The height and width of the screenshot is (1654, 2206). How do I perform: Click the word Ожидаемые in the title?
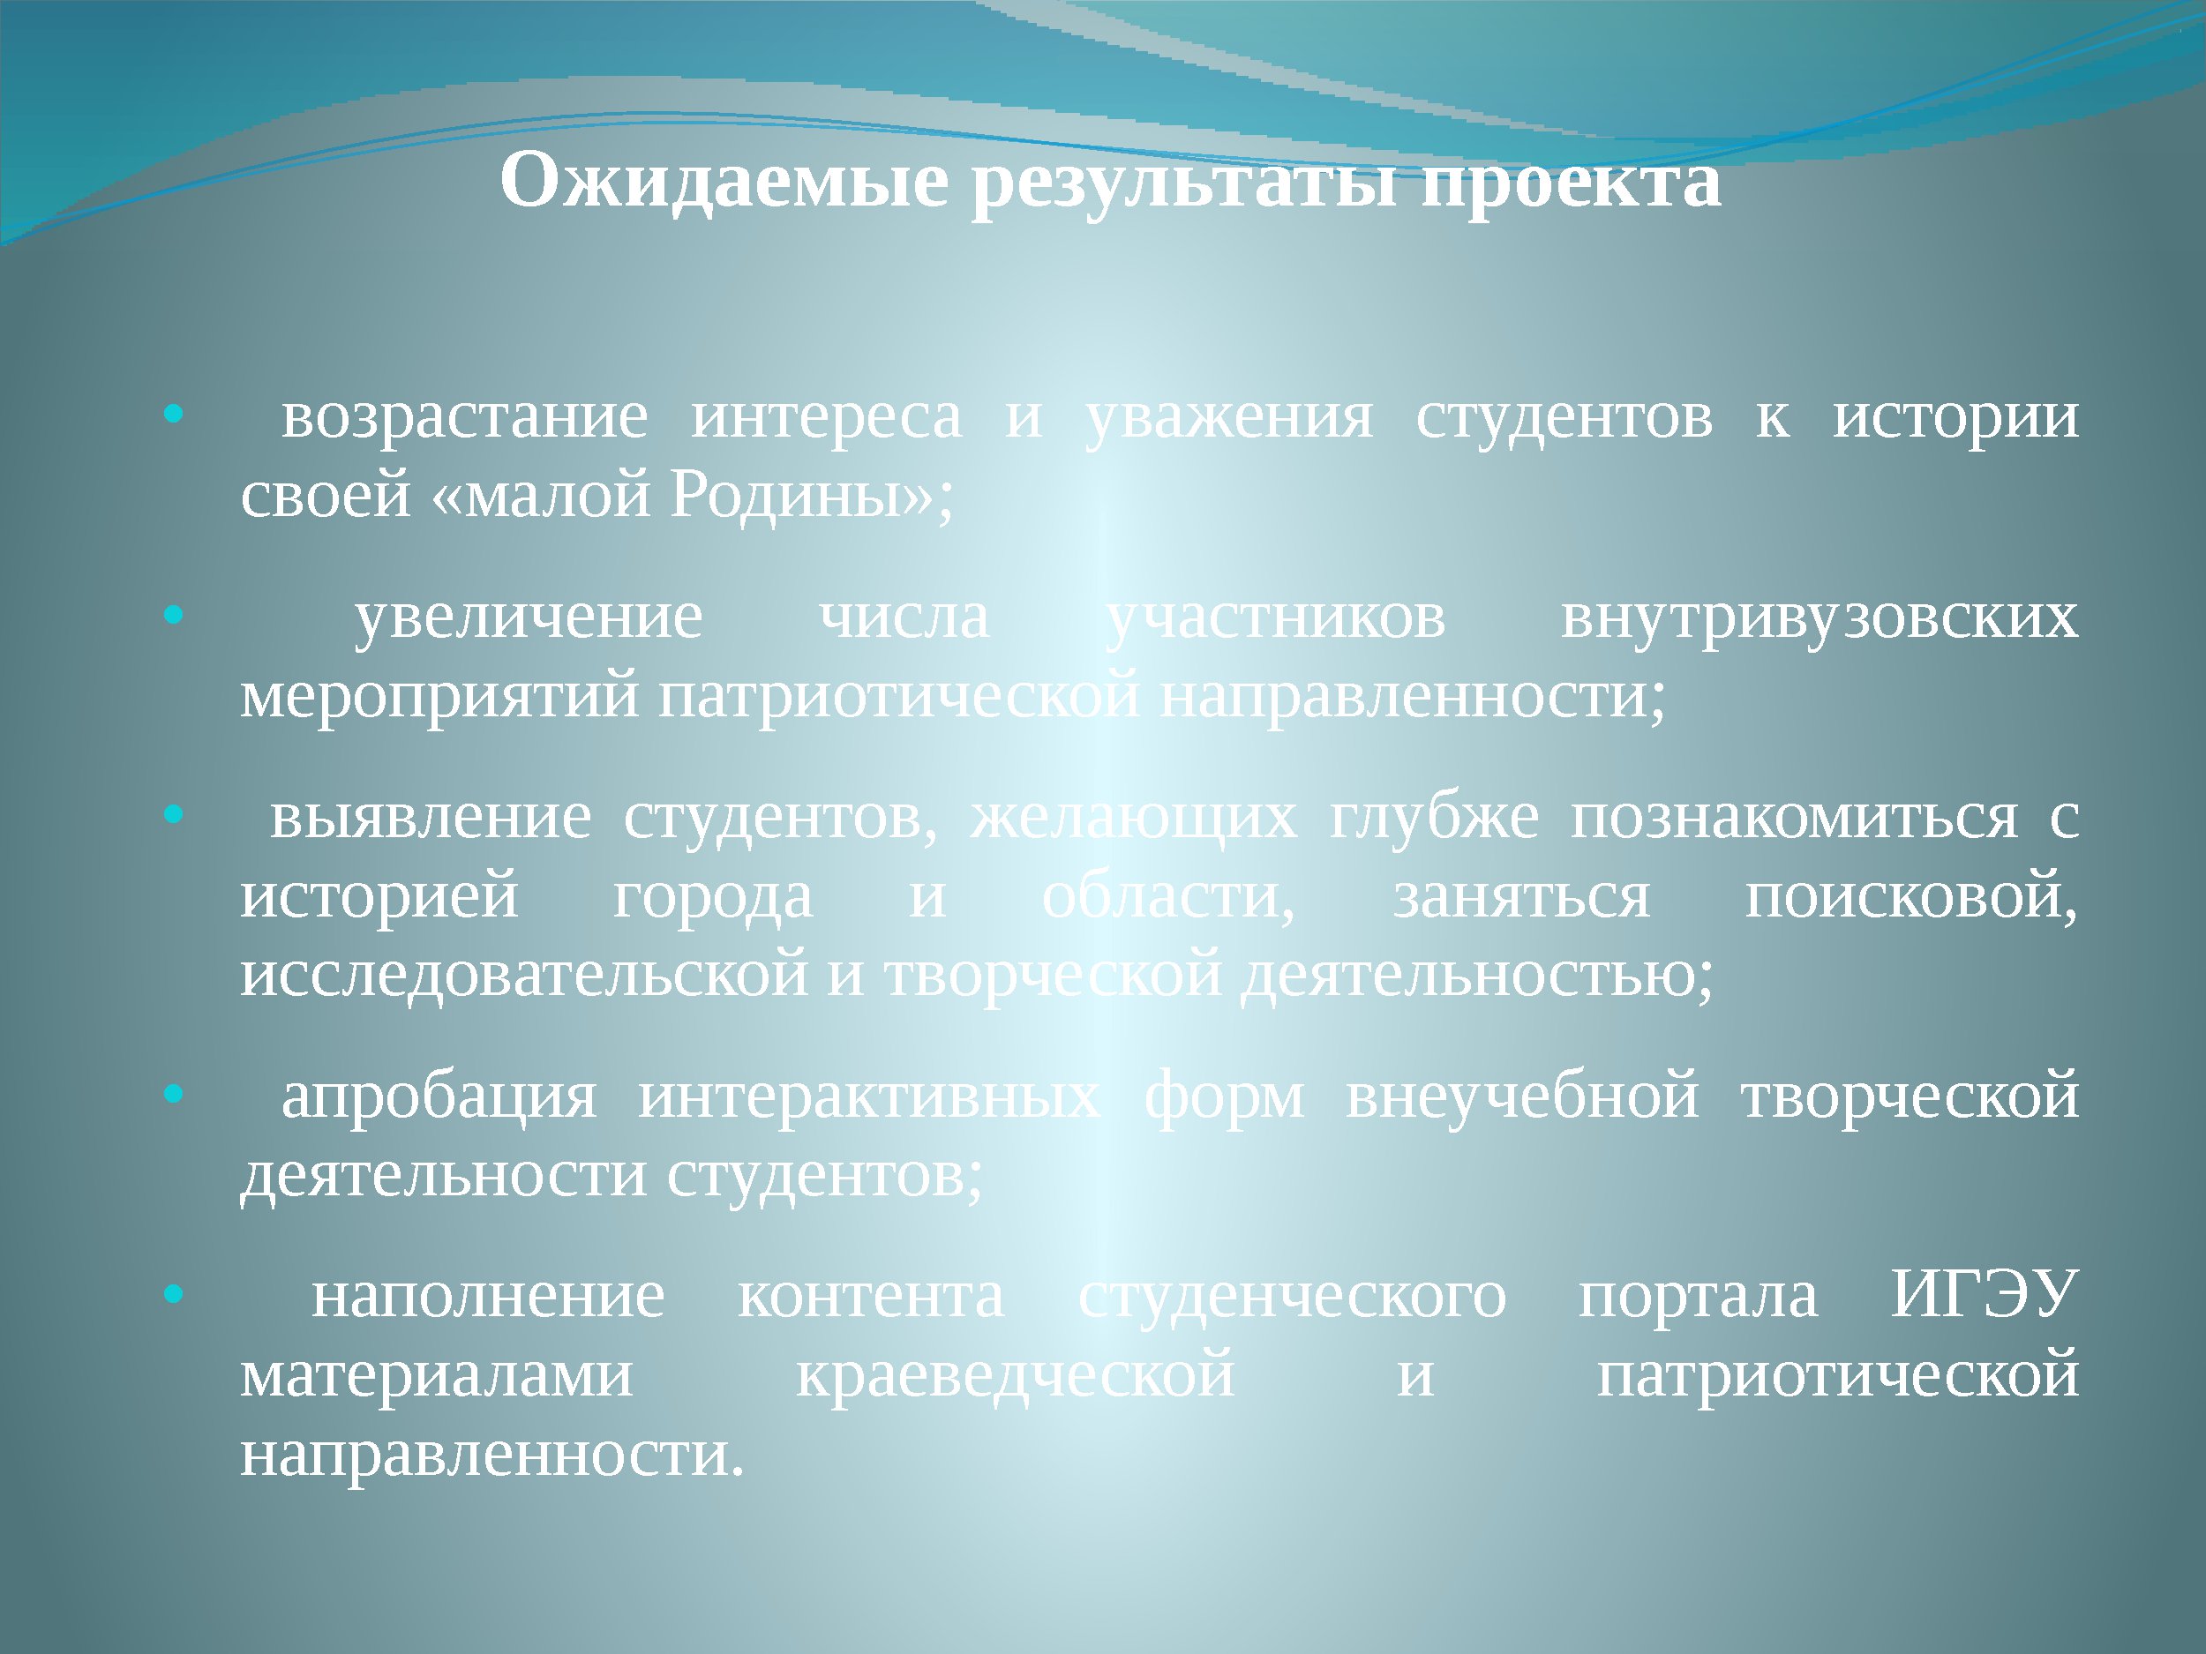click(x=724, y=182)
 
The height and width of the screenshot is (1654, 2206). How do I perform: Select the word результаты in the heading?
click(x=1184, y=185)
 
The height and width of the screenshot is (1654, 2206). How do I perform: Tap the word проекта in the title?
click(x=1571, y=185)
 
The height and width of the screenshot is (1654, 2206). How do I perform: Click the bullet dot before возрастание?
click(x=174, y=414)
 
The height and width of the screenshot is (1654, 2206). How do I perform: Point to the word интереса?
click(x=827, y=416)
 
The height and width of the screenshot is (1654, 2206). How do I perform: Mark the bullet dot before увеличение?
click(x=174, y=615)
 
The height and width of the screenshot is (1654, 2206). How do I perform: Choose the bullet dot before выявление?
click(x=174, y=814)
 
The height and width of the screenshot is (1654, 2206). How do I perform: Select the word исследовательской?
click(x=524, y=975)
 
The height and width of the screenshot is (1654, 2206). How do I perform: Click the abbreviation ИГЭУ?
click(x=1985, y=1295)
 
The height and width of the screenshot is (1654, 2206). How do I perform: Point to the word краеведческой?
click(x=1016, y=1377)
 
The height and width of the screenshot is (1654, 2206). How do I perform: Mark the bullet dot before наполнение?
click(x=174, y=1295)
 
